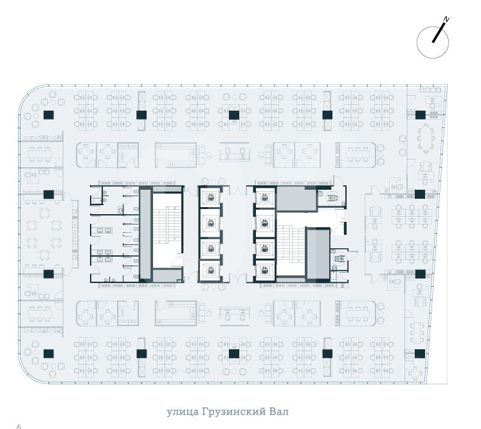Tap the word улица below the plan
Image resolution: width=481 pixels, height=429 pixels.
(x=183, y=412)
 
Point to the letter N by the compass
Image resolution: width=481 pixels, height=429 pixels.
(x=446, y=20)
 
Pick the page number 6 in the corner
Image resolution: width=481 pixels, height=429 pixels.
(x=19, y=426)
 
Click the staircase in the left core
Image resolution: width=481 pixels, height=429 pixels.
(x=168, y=230)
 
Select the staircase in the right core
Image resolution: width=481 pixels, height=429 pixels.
(x=291, y=250)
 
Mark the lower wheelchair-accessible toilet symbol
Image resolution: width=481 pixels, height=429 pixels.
(x=340, y=259)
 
